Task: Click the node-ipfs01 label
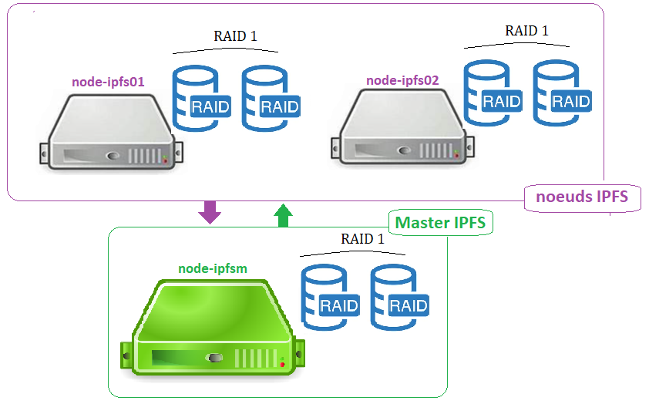coord(108,80)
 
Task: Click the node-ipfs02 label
coord(402,79)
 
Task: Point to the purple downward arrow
coord(209,212)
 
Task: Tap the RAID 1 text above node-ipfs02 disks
coord(526,31)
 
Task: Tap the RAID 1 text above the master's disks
coord(362,238)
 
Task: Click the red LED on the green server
coord(283,362)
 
